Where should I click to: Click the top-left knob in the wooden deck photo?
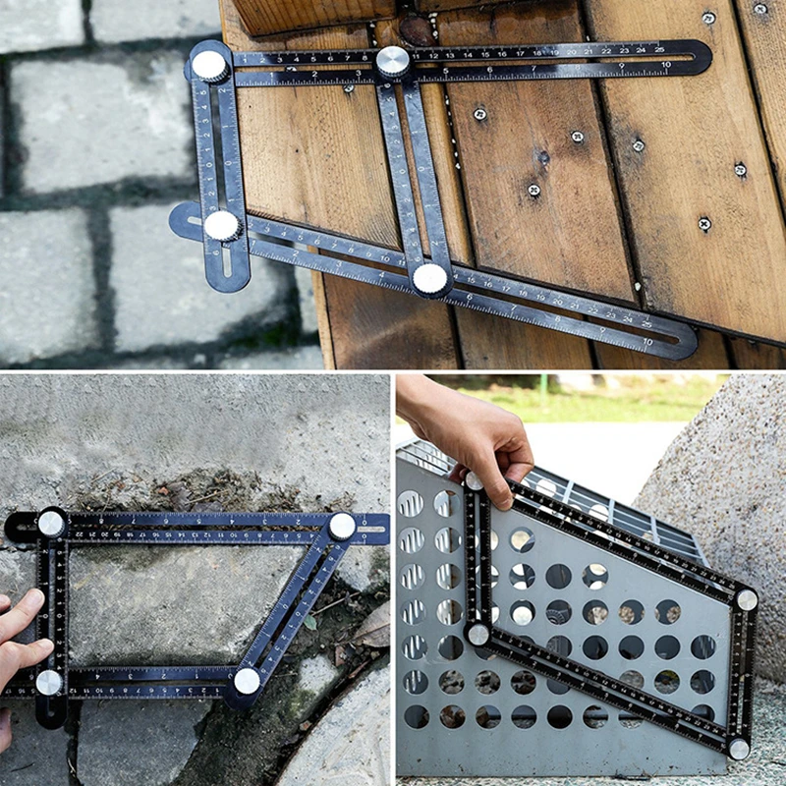click(209, 65)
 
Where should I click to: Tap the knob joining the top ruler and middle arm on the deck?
click(393, 61)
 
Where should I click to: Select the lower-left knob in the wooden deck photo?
click(222, 226)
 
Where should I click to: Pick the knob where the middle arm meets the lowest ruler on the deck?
click(429, 278)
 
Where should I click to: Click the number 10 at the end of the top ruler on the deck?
click(666, 65)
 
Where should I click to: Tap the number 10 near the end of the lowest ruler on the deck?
click(646, 341)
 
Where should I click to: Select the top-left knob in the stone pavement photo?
click(51, 524)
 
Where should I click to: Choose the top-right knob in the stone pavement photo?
click(342, 526)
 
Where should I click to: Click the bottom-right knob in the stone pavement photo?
click(247, 680)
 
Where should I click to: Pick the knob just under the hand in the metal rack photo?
click(475, 481)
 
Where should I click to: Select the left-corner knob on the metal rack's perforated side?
click(478, 634)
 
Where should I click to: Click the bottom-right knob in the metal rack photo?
click(738, 749)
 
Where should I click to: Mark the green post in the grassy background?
click(542, 391)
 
